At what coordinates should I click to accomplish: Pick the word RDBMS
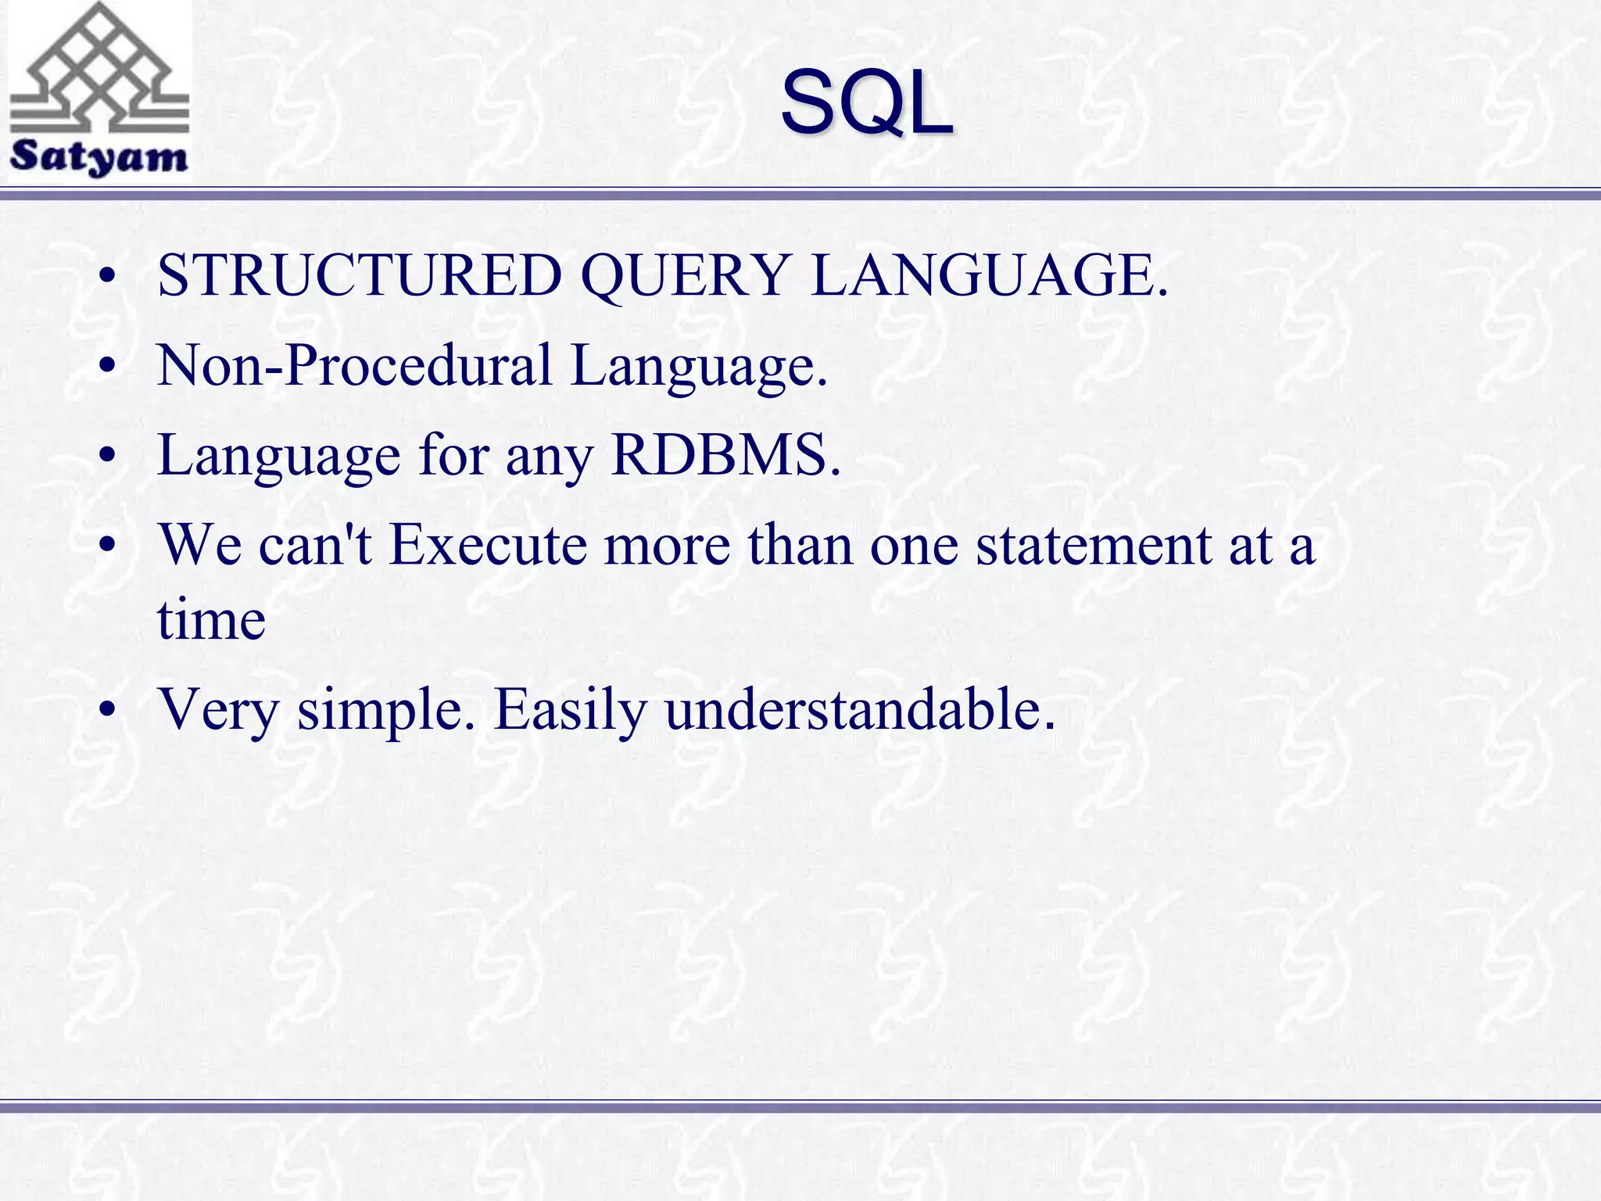click(719, 454)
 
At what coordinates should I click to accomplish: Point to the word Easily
click(570, 711)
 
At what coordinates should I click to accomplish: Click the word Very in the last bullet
click(218, 711)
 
